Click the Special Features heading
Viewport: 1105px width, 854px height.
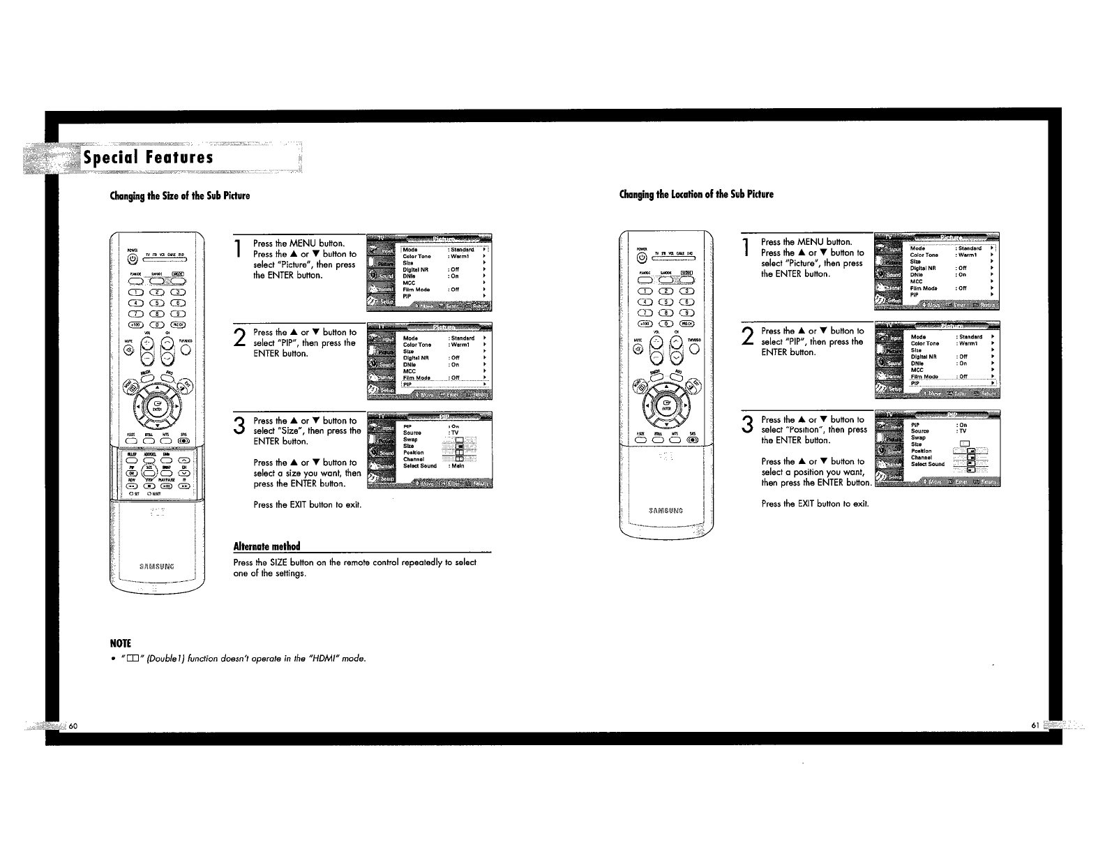pyautogui.click(x=147, y=157)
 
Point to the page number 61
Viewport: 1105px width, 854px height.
pyautogui.click(x=1035, y=726)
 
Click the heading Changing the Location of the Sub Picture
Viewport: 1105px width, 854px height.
pyautogui.click(x=696, y=194)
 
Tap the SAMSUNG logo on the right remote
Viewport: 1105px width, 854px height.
pyautogui.click(x=665, y=511)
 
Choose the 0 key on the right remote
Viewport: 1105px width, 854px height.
pyautogui.click(x=666, y=323)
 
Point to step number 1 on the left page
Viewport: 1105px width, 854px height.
pyautogui.click(x=239, y=249)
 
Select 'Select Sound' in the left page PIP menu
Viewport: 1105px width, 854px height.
pyautogui.click(x=419, y=466)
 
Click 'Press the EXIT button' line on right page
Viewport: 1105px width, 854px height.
pyautogui.click(x=815, y=503)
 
